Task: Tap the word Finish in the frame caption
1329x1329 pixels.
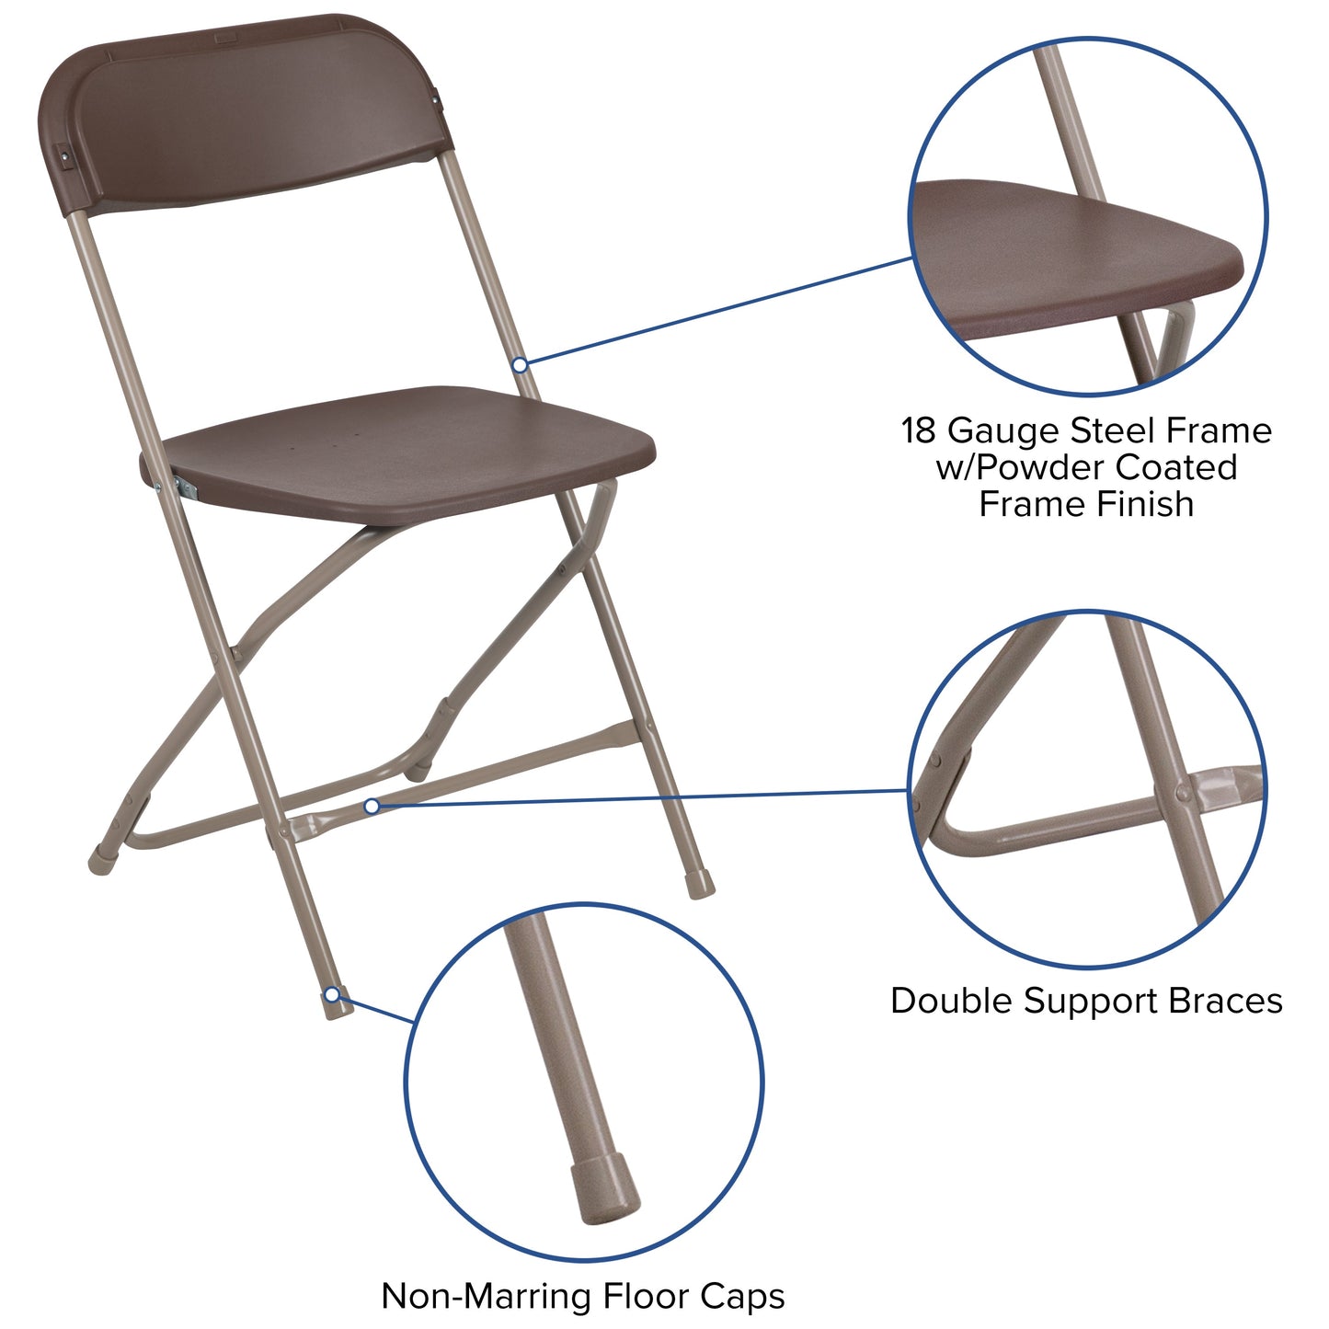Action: tap(1151, 504)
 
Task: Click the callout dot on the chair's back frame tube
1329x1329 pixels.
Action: tap(520, 365)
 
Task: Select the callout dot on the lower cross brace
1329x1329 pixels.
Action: tap(372, 807)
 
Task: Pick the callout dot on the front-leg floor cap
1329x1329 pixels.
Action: tap(332, 995)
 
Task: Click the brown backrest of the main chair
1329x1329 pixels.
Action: tap(248, 110)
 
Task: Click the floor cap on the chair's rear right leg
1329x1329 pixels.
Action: tap(700, 885)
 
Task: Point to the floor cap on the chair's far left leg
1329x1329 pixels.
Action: tap(102, 862)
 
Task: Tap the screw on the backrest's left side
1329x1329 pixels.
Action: tap(65, 158)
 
